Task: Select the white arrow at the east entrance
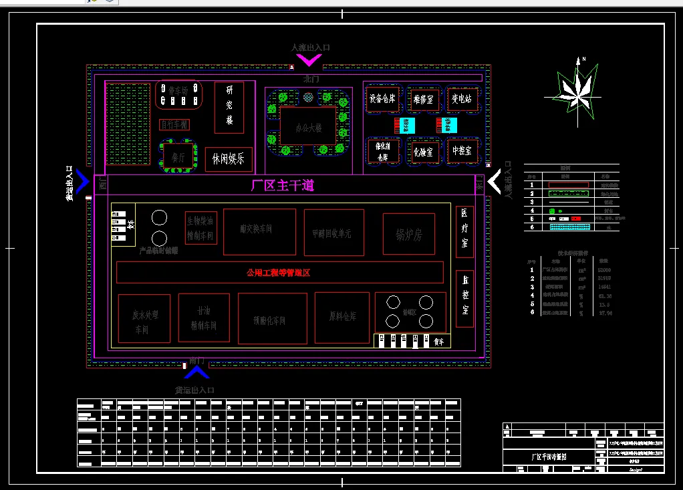(x=495, y=181)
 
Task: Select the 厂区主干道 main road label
(x=282, y=185)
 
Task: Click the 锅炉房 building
(x=408, y=235)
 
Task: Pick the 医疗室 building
(x=464, y=232)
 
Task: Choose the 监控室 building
(x=464, y=298)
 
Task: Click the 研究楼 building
(x=229, y=108)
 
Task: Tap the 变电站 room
(x=462, y=99)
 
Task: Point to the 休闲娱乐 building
(x=229, y=159)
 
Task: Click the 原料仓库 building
(x=342, y=317)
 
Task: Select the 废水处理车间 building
(x=144, y=318)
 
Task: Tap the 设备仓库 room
(x=382, y=99)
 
